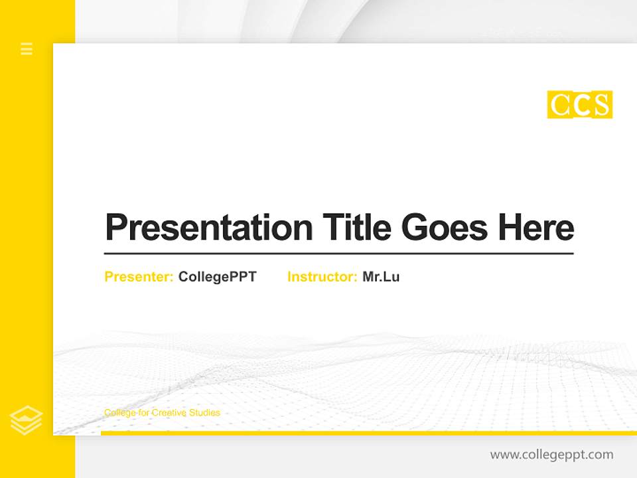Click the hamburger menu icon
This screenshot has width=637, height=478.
pyautogui.click(x=27, y=48)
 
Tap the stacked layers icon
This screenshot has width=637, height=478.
pyautogui.click(x=27, y=420)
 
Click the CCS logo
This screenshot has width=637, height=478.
pyautogui.click(x=579, y=105)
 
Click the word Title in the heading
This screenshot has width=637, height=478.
pyautogui.click(x=356, y=228)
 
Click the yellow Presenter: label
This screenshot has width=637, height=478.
pyautogui.click(x=139, y=277)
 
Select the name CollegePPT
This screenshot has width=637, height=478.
pyautogui.click(x=217, y=277)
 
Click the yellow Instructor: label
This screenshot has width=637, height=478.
pyautogui.click(x=322, y=277)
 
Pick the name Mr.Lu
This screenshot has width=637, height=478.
pyautogui.click(x=381, y=277)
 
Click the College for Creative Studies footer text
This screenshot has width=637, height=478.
pyautogui.click(x=162, y=413)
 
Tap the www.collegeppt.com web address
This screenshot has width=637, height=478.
pyautogui.click(x=551, y=455)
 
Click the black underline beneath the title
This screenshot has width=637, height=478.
pyautogui.click(x=338, y=253)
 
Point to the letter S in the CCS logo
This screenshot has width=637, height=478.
pyautogui.click(x=601, y=105)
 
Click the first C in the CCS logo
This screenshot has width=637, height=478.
pyautogui.click(x=559, y=105)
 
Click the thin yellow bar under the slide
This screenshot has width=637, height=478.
pyautogui.click(x=368, y=433)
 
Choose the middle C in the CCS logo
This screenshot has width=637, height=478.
pyautogui.click(x=581, y=105)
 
